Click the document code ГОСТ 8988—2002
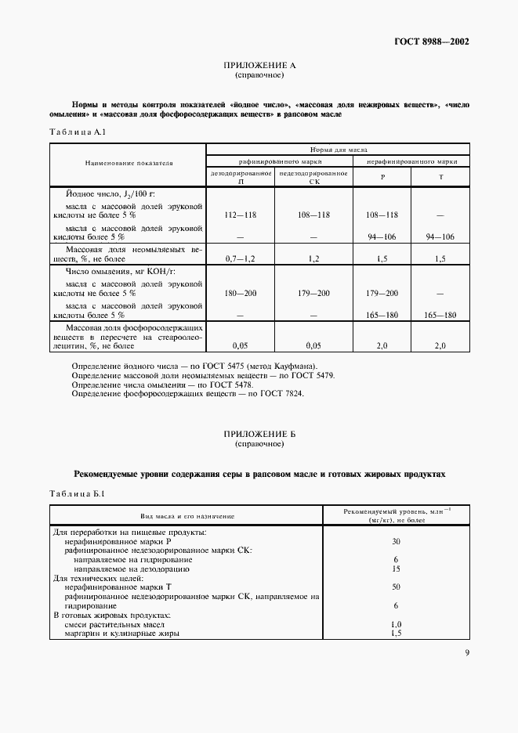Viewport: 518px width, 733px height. click(433, 42)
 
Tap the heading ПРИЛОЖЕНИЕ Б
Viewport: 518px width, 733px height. click(259, 434)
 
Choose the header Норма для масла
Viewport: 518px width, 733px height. click(337, 148)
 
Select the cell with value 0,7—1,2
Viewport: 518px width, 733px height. click(240, 256)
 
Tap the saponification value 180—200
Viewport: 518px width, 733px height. click(240, 292)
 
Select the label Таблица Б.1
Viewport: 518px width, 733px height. click(71, 494)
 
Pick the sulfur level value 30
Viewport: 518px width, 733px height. click(396, 541)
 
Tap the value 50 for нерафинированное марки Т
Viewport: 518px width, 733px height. click(396, 587)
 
